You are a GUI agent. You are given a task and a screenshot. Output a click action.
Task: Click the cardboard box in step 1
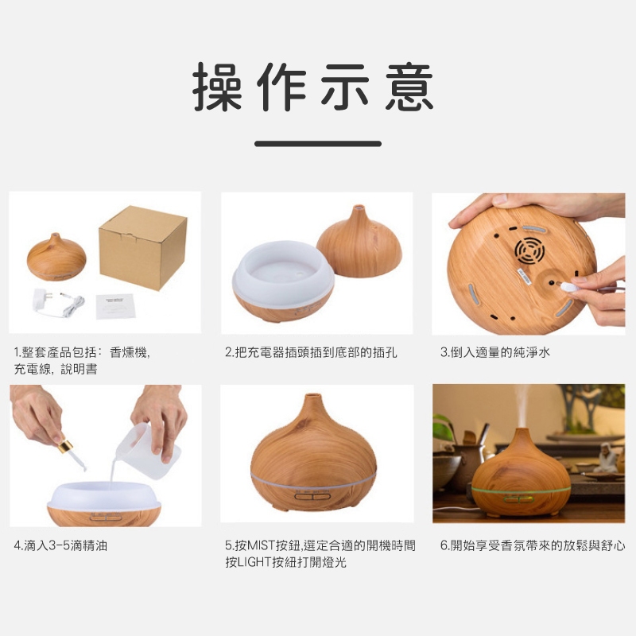143,246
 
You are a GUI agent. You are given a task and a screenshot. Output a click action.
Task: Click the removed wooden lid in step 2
359,242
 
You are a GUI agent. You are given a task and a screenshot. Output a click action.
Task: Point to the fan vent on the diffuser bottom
529,250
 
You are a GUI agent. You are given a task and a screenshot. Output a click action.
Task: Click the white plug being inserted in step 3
569,287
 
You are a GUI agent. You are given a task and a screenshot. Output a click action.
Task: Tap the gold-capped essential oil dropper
72,453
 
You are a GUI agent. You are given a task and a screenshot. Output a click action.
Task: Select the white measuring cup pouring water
148,449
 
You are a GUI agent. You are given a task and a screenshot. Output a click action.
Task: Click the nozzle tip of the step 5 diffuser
311,395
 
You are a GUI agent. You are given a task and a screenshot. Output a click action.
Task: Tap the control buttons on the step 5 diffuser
312,495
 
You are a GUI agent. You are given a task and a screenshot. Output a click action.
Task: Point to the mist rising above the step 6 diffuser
522,405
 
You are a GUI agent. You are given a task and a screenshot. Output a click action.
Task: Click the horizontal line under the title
318,144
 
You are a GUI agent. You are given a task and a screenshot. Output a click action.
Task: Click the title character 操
217,87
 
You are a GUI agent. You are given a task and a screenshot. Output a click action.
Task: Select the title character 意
409,87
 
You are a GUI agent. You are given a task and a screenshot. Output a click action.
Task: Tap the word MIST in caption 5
261,545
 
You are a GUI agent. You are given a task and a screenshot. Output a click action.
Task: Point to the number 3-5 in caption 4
59,545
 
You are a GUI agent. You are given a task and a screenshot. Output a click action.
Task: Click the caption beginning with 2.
311,352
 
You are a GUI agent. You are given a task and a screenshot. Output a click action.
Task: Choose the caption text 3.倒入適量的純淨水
494,352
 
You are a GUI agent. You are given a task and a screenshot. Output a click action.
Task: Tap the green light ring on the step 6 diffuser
522,491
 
